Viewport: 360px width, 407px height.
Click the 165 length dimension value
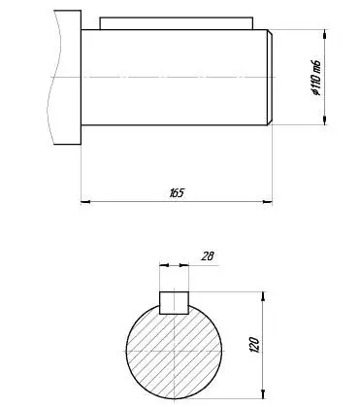tap(177, 193)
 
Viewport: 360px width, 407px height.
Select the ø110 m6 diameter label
tap(316, 78)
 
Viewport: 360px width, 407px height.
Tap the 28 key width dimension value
tap(208, 256)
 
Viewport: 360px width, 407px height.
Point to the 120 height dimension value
tap(254, 345)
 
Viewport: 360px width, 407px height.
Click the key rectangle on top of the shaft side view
tap(177, 23)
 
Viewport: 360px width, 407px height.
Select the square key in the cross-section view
tap(174, 303)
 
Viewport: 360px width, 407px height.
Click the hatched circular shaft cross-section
tap(174, 352)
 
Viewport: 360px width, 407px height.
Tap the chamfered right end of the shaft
tap(270, 78)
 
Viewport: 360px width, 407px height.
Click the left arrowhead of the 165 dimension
tap(85, 202)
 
